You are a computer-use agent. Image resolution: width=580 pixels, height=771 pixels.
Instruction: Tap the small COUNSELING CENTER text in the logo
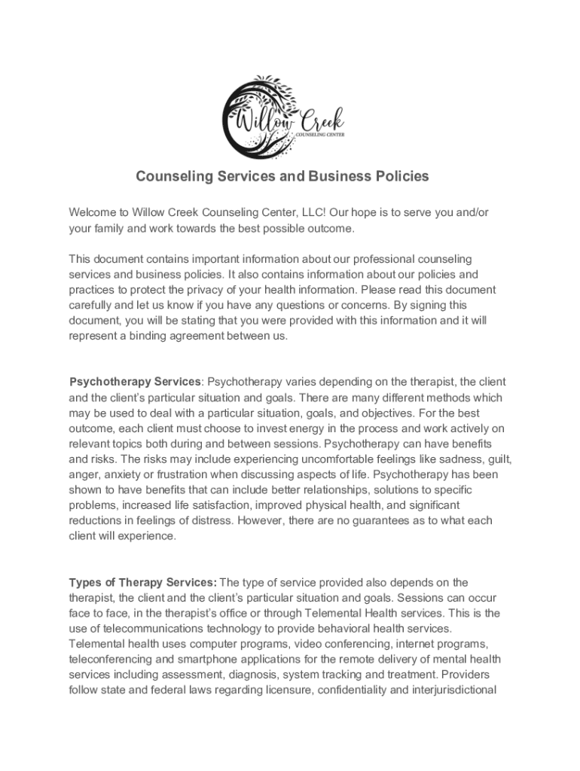pyautogui.click(x=321, y=135)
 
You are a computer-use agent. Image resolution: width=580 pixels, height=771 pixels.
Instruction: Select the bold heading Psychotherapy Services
pyautogui.click(x=135, y=382)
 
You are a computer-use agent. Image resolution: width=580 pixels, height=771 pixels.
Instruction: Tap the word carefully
pyautogui.click(x=93, y=306)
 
